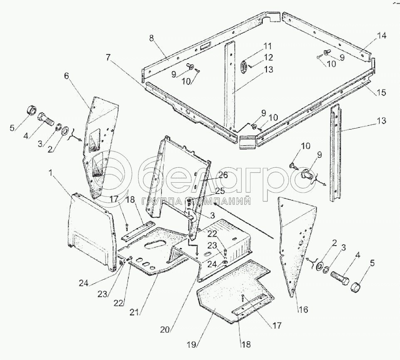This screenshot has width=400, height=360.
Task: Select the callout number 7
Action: coord(108,58)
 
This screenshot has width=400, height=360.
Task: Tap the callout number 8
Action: coord(151,38)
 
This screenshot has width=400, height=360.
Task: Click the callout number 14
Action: coord(382,36)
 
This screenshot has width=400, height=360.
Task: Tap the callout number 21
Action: coord(134,312)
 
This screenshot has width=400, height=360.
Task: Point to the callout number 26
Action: coord(223,175)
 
